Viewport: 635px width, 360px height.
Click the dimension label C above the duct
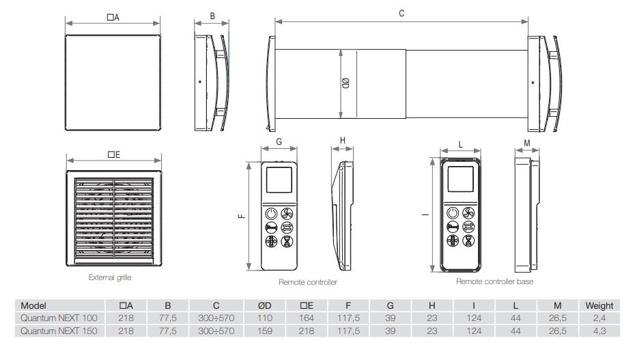point(401,13)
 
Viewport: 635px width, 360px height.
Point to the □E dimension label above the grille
point(113,155)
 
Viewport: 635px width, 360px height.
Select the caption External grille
point(109,277)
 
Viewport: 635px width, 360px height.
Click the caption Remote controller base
point(494,281)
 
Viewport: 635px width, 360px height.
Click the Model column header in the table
point(34,305)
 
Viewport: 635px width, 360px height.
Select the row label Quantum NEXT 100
point(59,318)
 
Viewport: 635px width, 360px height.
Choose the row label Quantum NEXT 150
point(59,331)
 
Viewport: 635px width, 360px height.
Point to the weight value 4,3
point(599,331)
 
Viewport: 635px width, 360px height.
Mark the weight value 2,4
point(599,318)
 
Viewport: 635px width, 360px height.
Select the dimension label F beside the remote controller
point(241,216)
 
